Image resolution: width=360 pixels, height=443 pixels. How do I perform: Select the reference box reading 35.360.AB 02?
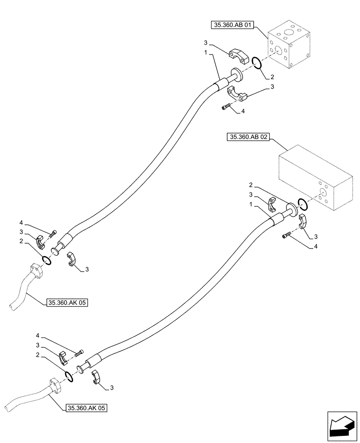coord(249,138)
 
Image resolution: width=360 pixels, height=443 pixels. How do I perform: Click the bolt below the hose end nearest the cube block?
coord(226,106)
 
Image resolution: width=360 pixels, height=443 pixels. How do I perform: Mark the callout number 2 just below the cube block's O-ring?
coord(272,77)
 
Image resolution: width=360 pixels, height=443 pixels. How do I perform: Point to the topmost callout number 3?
coord(206,42)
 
